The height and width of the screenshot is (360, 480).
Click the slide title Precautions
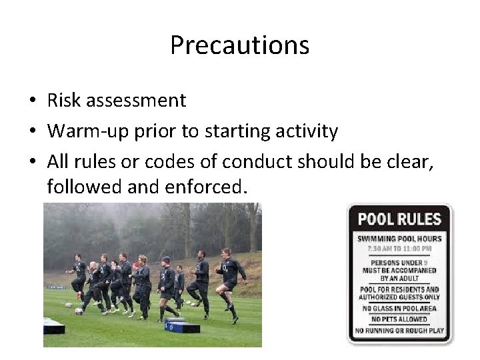coord(239,45)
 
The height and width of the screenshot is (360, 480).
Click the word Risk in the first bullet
coord(64,101)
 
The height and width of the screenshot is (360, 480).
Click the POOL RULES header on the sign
coord(399,219)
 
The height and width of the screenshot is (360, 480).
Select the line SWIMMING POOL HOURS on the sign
coord(399,239)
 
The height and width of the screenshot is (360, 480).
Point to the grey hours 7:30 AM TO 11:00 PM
coord(399,248)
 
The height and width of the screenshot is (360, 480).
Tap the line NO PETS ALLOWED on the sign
coord(399,319)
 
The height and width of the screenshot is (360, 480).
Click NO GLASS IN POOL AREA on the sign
coord(399,308)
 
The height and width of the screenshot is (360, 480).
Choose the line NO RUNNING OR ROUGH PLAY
coord(399,330)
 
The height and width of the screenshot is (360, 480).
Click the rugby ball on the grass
coord(79,310)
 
